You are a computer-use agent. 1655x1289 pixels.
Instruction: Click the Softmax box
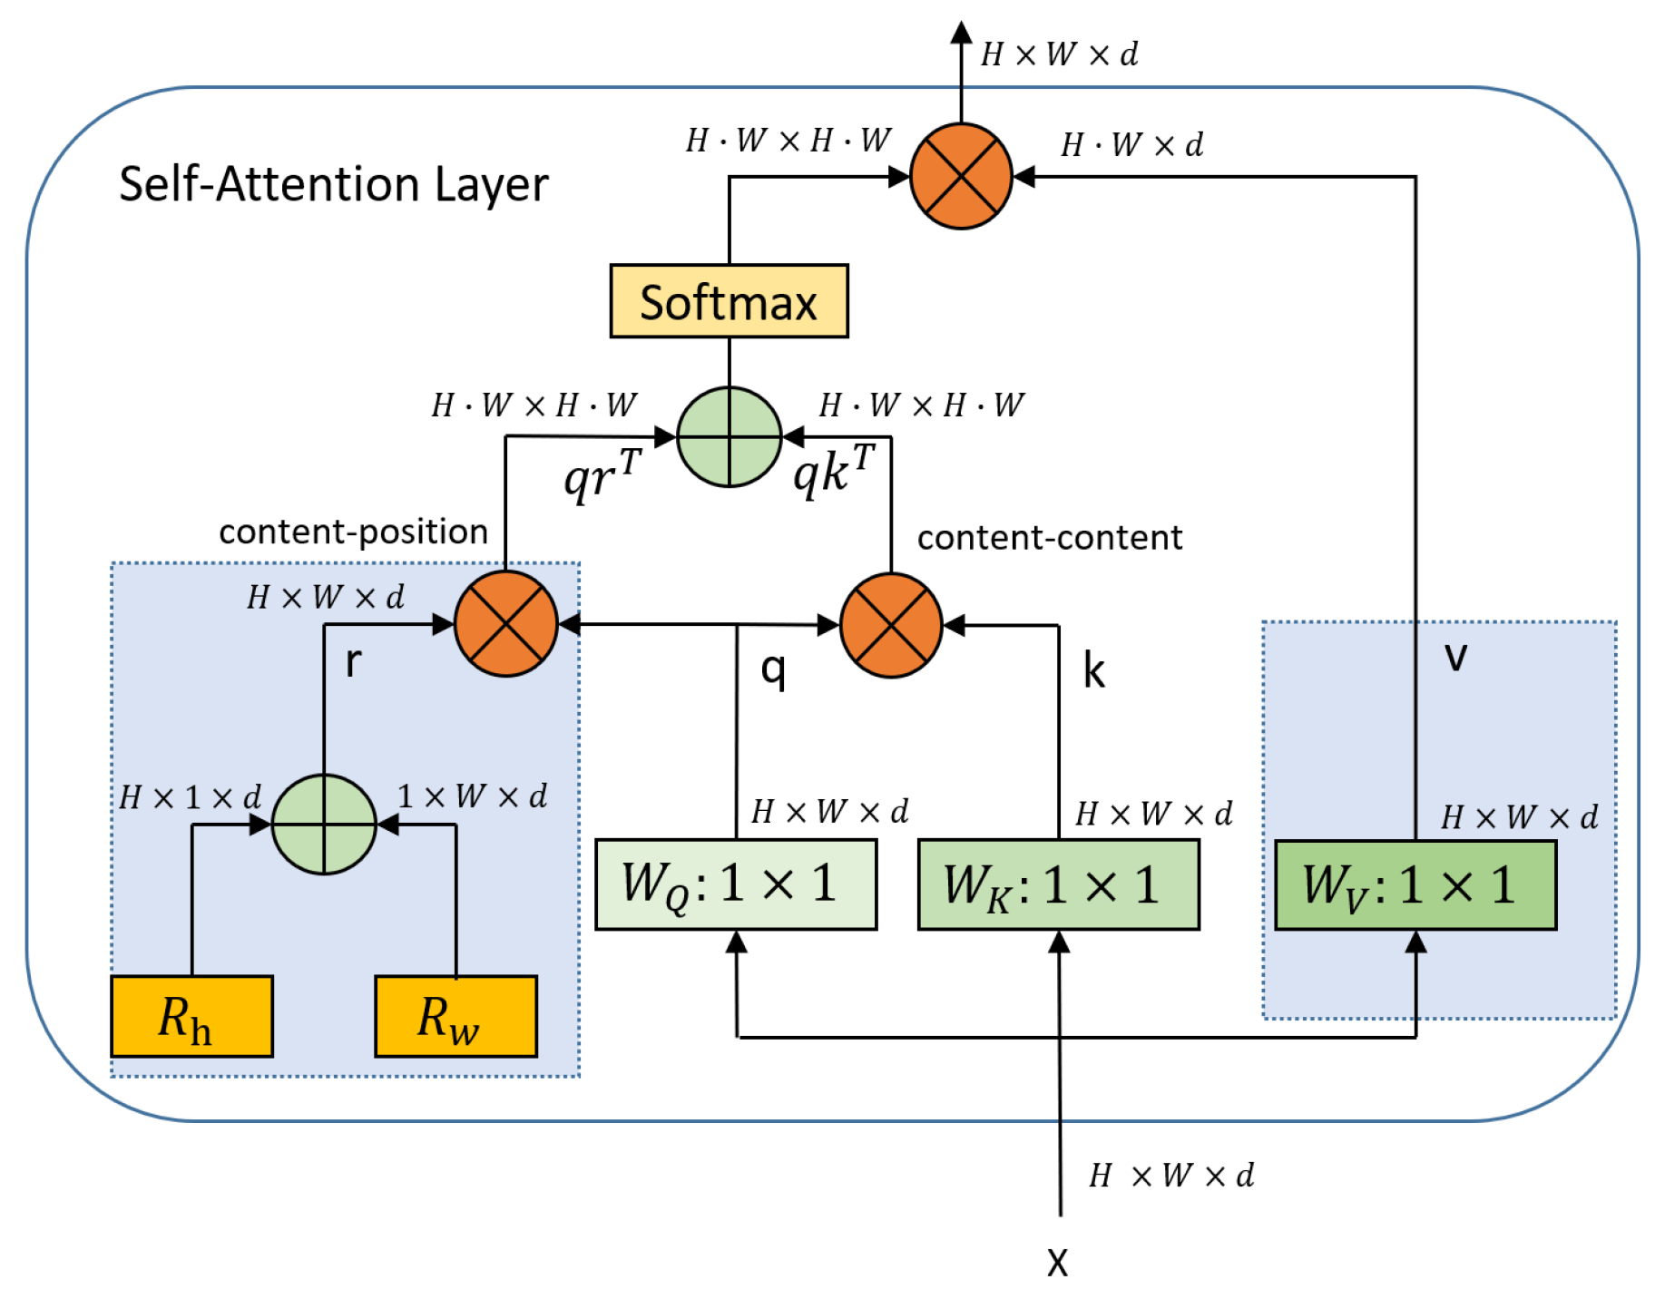point(729,301)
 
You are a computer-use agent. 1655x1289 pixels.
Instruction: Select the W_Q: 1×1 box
point(736,884)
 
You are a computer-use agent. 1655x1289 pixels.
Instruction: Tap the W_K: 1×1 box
point(1058,884)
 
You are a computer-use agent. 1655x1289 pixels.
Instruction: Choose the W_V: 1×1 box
point(1415,884)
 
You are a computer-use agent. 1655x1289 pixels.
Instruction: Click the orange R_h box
point(191,1016)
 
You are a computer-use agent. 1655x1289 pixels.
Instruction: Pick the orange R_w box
point(455,1016)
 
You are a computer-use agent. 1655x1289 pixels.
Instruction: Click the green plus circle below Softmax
point(730,437)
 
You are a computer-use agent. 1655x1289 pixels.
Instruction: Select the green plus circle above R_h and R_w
point(324,824)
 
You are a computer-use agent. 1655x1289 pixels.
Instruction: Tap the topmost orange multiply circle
point(961,176)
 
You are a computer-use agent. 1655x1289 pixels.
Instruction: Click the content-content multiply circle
point(891,625)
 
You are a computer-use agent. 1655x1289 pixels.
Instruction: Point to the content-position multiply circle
point(505,624)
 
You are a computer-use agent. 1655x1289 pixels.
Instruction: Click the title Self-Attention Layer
point(333,185)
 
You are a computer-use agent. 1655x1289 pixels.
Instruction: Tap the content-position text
point(353,532)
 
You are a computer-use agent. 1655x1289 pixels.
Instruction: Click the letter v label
point(1455,656)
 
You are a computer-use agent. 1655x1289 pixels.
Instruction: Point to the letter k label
point(1094,672)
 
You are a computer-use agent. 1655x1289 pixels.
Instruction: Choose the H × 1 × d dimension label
point(191,797)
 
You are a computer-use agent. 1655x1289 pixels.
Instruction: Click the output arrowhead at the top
point(961,33)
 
